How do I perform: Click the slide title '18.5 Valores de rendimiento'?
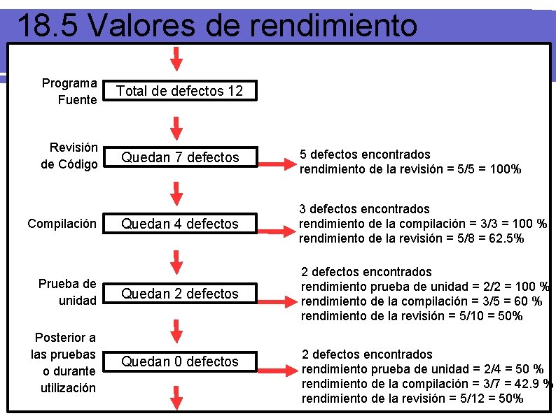point(216,26)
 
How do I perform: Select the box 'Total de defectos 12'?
point(179,91)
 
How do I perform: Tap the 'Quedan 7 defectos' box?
point(180,157)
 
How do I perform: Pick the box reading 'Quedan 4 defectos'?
point(180,224)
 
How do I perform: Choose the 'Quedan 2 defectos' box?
point(180,294)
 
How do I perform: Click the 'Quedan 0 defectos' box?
point(180,361)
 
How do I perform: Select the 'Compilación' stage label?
point(62,224)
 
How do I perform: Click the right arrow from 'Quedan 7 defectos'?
point(276,165)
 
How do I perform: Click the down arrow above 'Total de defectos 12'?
point(177,59)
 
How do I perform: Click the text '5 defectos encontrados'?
point(365,154)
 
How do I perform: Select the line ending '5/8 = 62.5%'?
point(411,238)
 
